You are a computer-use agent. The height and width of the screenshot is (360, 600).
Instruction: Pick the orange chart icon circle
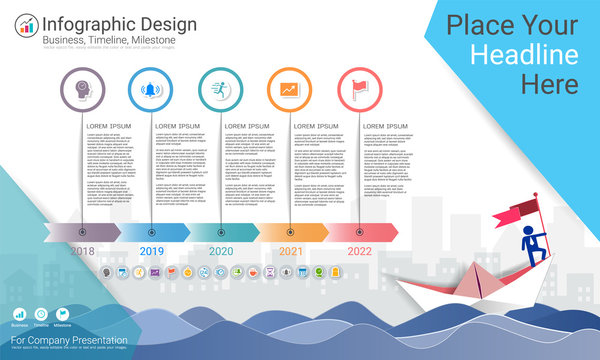(290, 89)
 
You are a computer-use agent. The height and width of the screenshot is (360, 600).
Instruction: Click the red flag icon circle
(359, 89)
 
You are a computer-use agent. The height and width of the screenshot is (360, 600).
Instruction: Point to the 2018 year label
(83, 251)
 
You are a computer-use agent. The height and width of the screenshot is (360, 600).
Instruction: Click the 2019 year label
(152, 251)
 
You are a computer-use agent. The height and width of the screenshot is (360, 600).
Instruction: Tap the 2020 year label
(221, 251)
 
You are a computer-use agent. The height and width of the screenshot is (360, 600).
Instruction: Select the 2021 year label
(290, 251)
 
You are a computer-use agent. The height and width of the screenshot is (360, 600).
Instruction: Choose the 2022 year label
(359, 251)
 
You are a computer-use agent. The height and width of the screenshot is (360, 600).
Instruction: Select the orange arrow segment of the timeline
(290, 232)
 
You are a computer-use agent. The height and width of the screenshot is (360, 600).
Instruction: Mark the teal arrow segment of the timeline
(221, 232)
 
